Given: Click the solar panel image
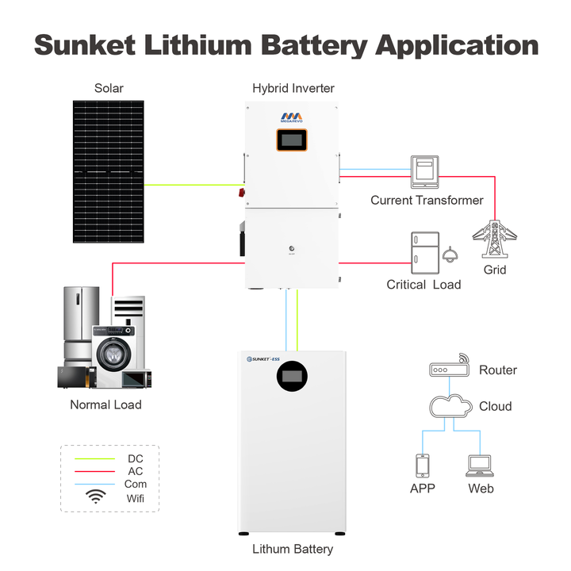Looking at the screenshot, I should click(109, 171).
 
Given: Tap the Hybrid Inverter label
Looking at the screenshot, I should click(293, 88).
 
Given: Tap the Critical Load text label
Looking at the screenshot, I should click(423, 285).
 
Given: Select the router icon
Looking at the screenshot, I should click(450, 370).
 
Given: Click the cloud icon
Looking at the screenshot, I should click(450, 406).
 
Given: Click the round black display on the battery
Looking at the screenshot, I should click(293, 377).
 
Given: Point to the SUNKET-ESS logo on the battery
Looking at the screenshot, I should click(270, 359).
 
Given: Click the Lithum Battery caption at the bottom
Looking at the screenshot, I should click(293, 549).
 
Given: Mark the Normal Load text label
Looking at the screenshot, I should click(105, 404).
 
